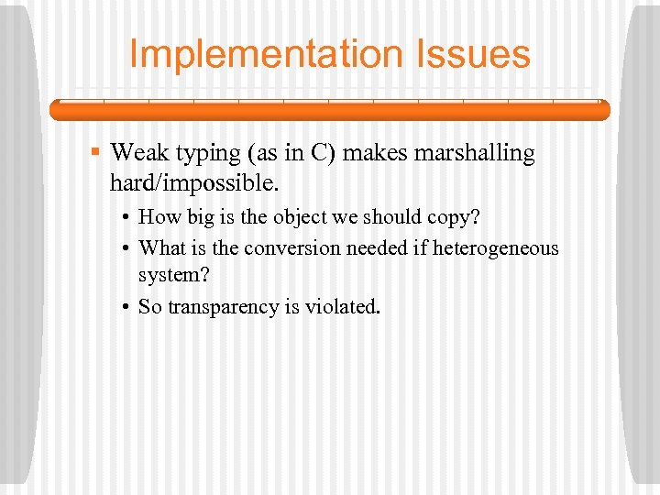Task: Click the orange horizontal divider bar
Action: click(329, 110)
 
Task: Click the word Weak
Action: click(138, 153)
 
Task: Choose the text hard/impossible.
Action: click(193, 182)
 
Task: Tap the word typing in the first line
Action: click(203, 153)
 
